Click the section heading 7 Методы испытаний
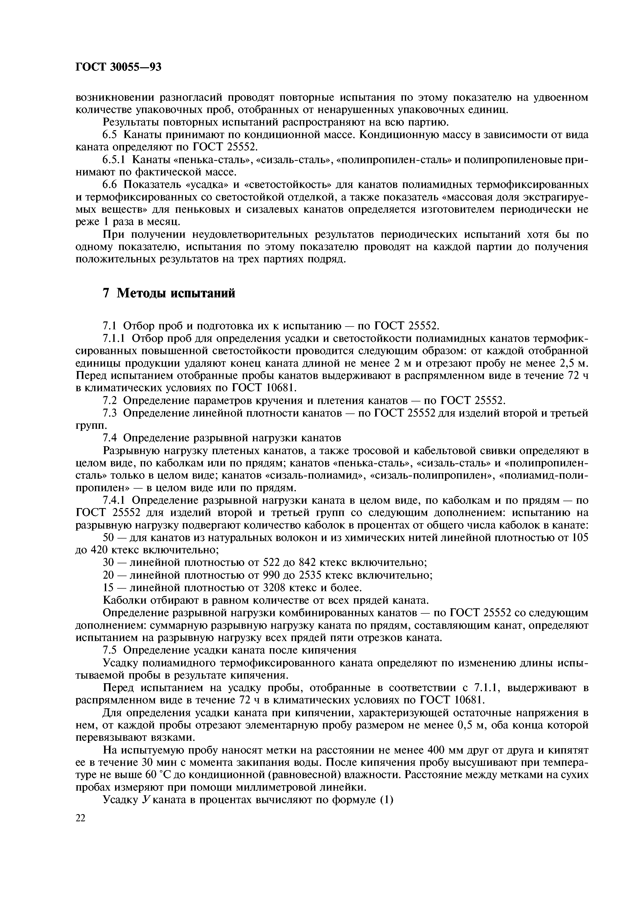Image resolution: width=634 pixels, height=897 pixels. click(x=169, y=293)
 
